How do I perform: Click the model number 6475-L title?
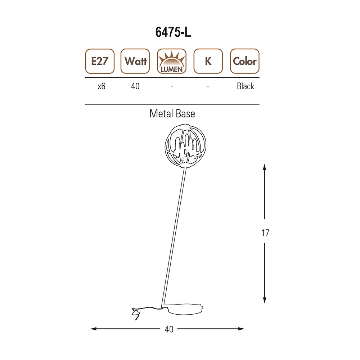[x=173, y=32]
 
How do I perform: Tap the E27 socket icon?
[x=100, y=61]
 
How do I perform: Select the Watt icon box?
[x=135, y=61]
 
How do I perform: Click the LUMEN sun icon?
[x=172, y=61]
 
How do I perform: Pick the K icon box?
[x=208, y=61]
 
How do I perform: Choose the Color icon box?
[x=245, y=61]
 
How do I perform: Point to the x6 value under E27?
[x=102, y=86]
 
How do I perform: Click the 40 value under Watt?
[x=135, y=86]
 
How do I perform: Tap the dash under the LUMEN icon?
[x=172, y=87]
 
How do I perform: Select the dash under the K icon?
[x=208, y=87]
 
